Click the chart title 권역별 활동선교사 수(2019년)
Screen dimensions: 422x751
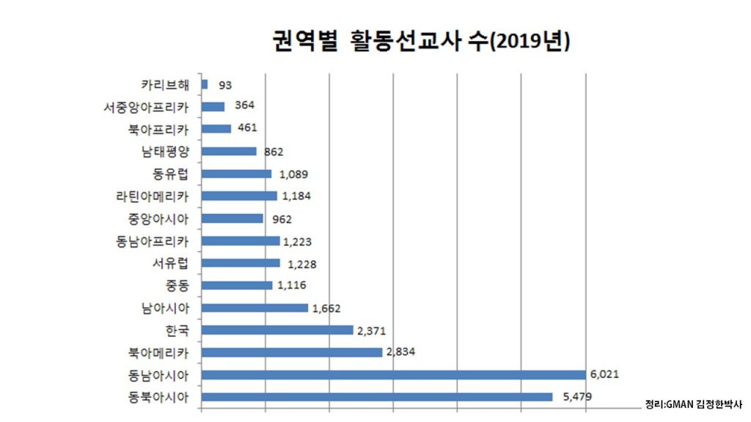[420, 41]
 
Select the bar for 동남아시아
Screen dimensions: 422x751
[393, 375]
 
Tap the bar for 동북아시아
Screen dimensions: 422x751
[376, 397]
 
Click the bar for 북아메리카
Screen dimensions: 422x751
[291, 352]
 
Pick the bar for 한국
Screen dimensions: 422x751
[276, 330]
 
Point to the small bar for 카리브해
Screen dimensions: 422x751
[205, 84]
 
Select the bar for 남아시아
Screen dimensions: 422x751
[254, 308]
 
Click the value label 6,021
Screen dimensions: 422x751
[605, 374]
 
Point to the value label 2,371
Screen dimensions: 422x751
[372, 330]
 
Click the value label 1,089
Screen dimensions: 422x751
[293, 174]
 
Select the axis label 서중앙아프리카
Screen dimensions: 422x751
[146, 108]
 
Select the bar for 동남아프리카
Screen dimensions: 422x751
[240, 241]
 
